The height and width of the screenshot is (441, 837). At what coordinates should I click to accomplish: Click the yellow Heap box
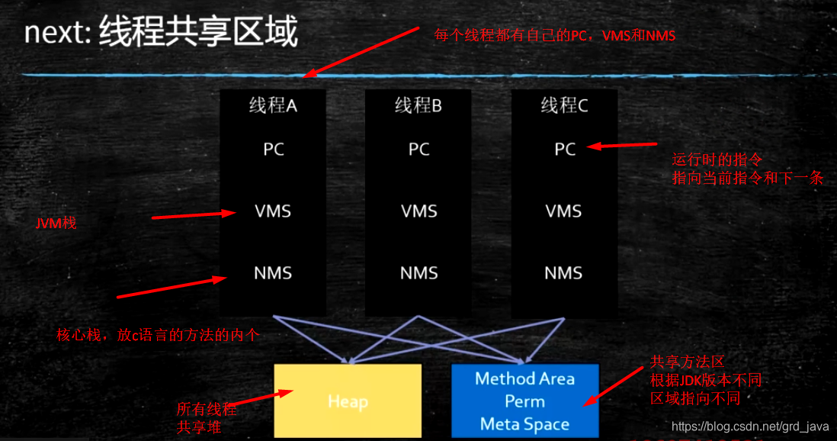click(x=348, y=401)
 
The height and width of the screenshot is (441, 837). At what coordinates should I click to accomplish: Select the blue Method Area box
click(x=525, y=401)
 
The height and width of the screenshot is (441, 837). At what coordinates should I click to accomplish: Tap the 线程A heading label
click(x=273, y=106)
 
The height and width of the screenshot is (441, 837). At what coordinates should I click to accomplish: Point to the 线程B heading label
click(x=418, y=106)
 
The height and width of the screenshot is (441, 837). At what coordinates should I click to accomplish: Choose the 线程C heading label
click(x=565, y=106)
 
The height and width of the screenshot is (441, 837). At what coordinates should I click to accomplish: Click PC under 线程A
click(x=273, y=150)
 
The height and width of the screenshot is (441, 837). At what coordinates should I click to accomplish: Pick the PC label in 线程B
click(x=418, y=150)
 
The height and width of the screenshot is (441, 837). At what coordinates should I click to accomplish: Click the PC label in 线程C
click(x=565, y=150)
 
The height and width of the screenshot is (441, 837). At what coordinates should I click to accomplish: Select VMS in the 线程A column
click(x=273, y=211)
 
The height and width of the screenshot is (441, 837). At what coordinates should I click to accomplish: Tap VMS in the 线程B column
click(x=418, y=211)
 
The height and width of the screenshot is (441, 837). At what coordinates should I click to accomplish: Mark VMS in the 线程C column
click(x=564, y=211)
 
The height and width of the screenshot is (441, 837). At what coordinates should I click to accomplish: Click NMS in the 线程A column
click(x=273, y=272)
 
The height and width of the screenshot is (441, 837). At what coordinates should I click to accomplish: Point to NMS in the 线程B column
click(x=418, y=272)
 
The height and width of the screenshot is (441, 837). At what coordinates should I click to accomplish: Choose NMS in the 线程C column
click(x=564, y=272)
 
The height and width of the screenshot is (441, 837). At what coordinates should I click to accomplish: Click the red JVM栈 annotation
click(x=56, y=224)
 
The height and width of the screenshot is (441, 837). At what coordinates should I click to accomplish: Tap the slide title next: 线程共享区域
click(x=161, y=34)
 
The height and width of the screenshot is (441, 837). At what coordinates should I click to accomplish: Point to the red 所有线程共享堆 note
click(x=206, y=418)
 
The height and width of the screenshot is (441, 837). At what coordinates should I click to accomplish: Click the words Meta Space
click(x=525, y=424)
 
